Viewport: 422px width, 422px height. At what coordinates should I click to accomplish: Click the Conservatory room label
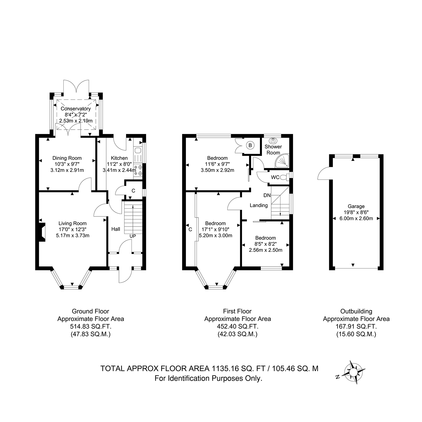[76, 109]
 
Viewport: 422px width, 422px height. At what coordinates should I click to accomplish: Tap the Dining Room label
[67, 158]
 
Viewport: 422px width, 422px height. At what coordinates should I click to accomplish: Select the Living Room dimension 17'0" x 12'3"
[72, 230]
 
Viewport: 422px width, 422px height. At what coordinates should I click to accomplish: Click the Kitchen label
[119, 158]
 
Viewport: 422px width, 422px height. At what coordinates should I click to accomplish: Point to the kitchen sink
[137, 151]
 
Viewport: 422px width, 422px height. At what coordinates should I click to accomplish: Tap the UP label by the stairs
[133, 236]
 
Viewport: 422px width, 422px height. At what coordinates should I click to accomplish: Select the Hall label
[116, 229]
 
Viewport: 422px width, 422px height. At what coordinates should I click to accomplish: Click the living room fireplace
[42, 232]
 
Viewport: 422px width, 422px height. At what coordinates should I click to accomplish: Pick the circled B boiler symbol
[250, 145]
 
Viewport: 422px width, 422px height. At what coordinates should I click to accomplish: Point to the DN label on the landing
[267, 195]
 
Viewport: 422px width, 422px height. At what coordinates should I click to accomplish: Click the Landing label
[259, 205]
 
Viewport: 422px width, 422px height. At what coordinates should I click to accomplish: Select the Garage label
[356, 206]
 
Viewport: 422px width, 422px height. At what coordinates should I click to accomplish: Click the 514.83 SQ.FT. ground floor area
[91, 326]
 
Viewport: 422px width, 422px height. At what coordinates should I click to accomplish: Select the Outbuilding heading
[356, 311]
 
